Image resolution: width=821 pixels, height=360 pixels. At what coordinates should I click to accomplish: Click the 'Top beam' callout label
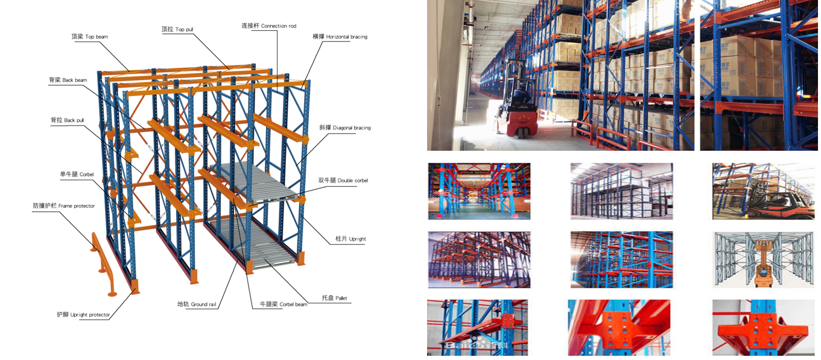89,37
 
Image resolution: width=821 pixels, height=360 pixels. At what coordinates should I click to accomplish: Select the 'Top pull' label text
177,29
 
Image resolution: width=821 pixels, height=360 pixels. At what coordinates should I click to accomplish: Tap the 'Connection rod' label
268,26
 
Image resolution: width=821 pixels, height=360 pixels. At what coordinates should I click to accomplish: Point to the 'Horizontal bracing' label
340,37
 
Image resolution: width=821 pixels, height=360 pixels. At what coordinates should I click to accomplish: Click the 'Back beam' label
68,80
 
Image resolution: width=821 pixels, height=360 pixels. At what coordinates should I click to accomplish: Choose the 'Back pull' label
67,121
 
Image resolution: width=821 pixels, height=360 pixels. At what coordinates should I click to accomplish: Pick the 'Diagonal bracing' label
344,128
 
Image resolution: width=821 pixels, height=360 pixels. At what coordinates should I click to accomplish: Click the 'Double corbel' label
343,180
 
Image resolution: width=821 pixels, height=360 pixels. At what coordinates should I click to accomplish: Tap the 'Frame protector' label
63,206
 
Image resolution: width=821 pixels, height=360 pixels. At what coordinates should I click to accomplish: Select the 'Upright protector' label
83,315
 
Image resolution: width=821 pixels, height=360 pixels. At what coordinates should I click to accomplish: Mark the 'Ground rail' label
197,305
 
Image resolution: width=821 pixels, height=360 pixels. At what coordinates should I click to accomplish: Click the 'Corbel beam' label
284,305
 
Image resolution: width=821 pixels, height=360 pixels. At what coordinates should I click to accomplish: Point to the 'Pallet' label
334,298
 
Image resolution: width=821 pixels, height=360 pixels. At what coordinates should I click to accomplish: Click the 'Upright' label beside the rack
350,239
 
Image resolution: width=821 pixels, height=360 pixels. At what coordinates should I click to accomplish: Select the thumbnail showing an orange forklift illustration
763,259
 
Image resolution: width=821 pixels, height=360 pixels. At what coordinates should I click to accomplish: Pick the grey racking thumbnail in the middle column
621,191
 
